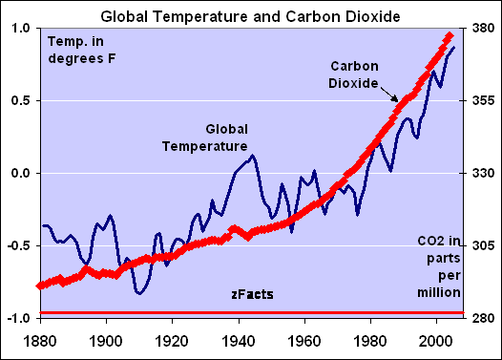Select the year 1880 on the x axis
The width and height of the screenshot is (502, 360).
[x=39, y=339]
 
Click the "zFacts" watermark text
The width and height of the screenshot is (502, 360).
[x=252, y=296]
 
